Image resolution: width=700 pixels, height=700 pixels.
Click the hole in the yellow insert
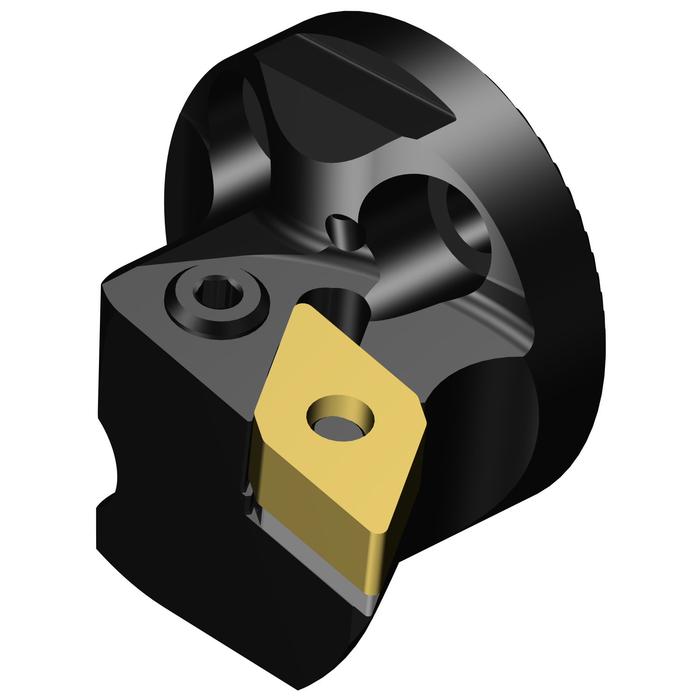click(341, 419)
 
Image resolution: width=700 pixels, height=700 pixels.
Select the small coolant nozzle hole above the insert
click(339, 219)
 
